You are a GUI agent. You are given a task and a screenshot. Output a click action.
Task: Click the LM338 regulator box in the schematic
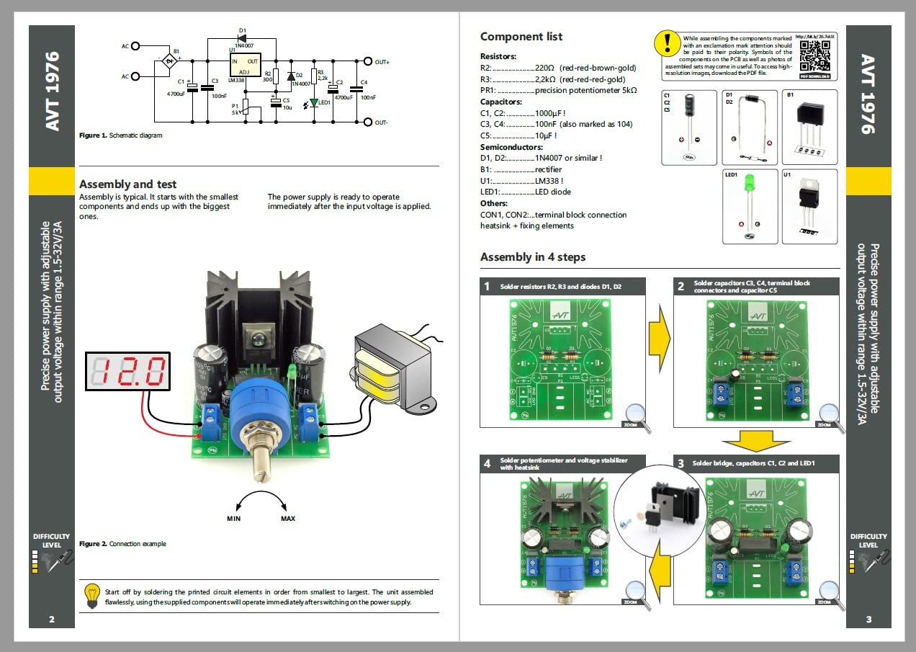(245, 66)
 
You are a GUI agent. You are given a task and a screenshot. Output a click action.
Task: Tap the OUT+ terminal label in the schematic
(382, 62)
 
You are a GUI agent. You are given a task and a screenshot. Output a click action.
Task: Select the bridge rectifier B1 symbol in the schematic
(171, 62)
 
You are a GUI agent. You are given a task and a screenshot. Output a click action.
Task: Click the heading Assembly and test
(127, 184)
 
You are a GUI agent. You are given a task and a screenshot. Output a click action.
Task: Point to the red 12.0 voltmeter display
(128, 371)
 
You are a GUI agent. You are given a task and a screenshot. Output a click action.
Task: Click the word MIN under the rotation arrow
(233, 519)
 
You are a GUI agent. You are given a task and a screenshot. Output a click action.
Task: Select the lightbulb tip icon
(91, 596)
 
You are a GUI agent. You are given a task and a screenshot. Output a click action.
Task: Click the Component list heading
(521, 37)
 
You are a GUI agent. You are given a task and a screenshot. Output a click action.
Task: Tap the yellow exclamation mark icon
(667, 43)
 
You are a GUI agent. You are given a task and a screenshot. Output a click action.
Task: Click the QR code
(815, 55)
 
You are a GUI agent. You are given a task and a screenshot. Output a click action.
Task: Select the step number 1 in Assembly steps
(487, 286)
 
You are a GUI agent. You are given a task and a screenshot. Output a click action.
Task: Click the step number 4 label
(487, 463)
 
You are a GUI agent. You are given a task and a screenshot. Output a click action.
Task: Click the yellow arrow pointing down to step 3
(755, 442)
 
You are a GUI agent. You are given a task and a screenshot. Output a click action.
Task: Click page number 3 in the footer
(868, 619)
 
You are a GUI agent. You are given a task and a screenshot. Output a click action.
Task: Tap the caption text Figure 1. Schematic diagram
(121, 135)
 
